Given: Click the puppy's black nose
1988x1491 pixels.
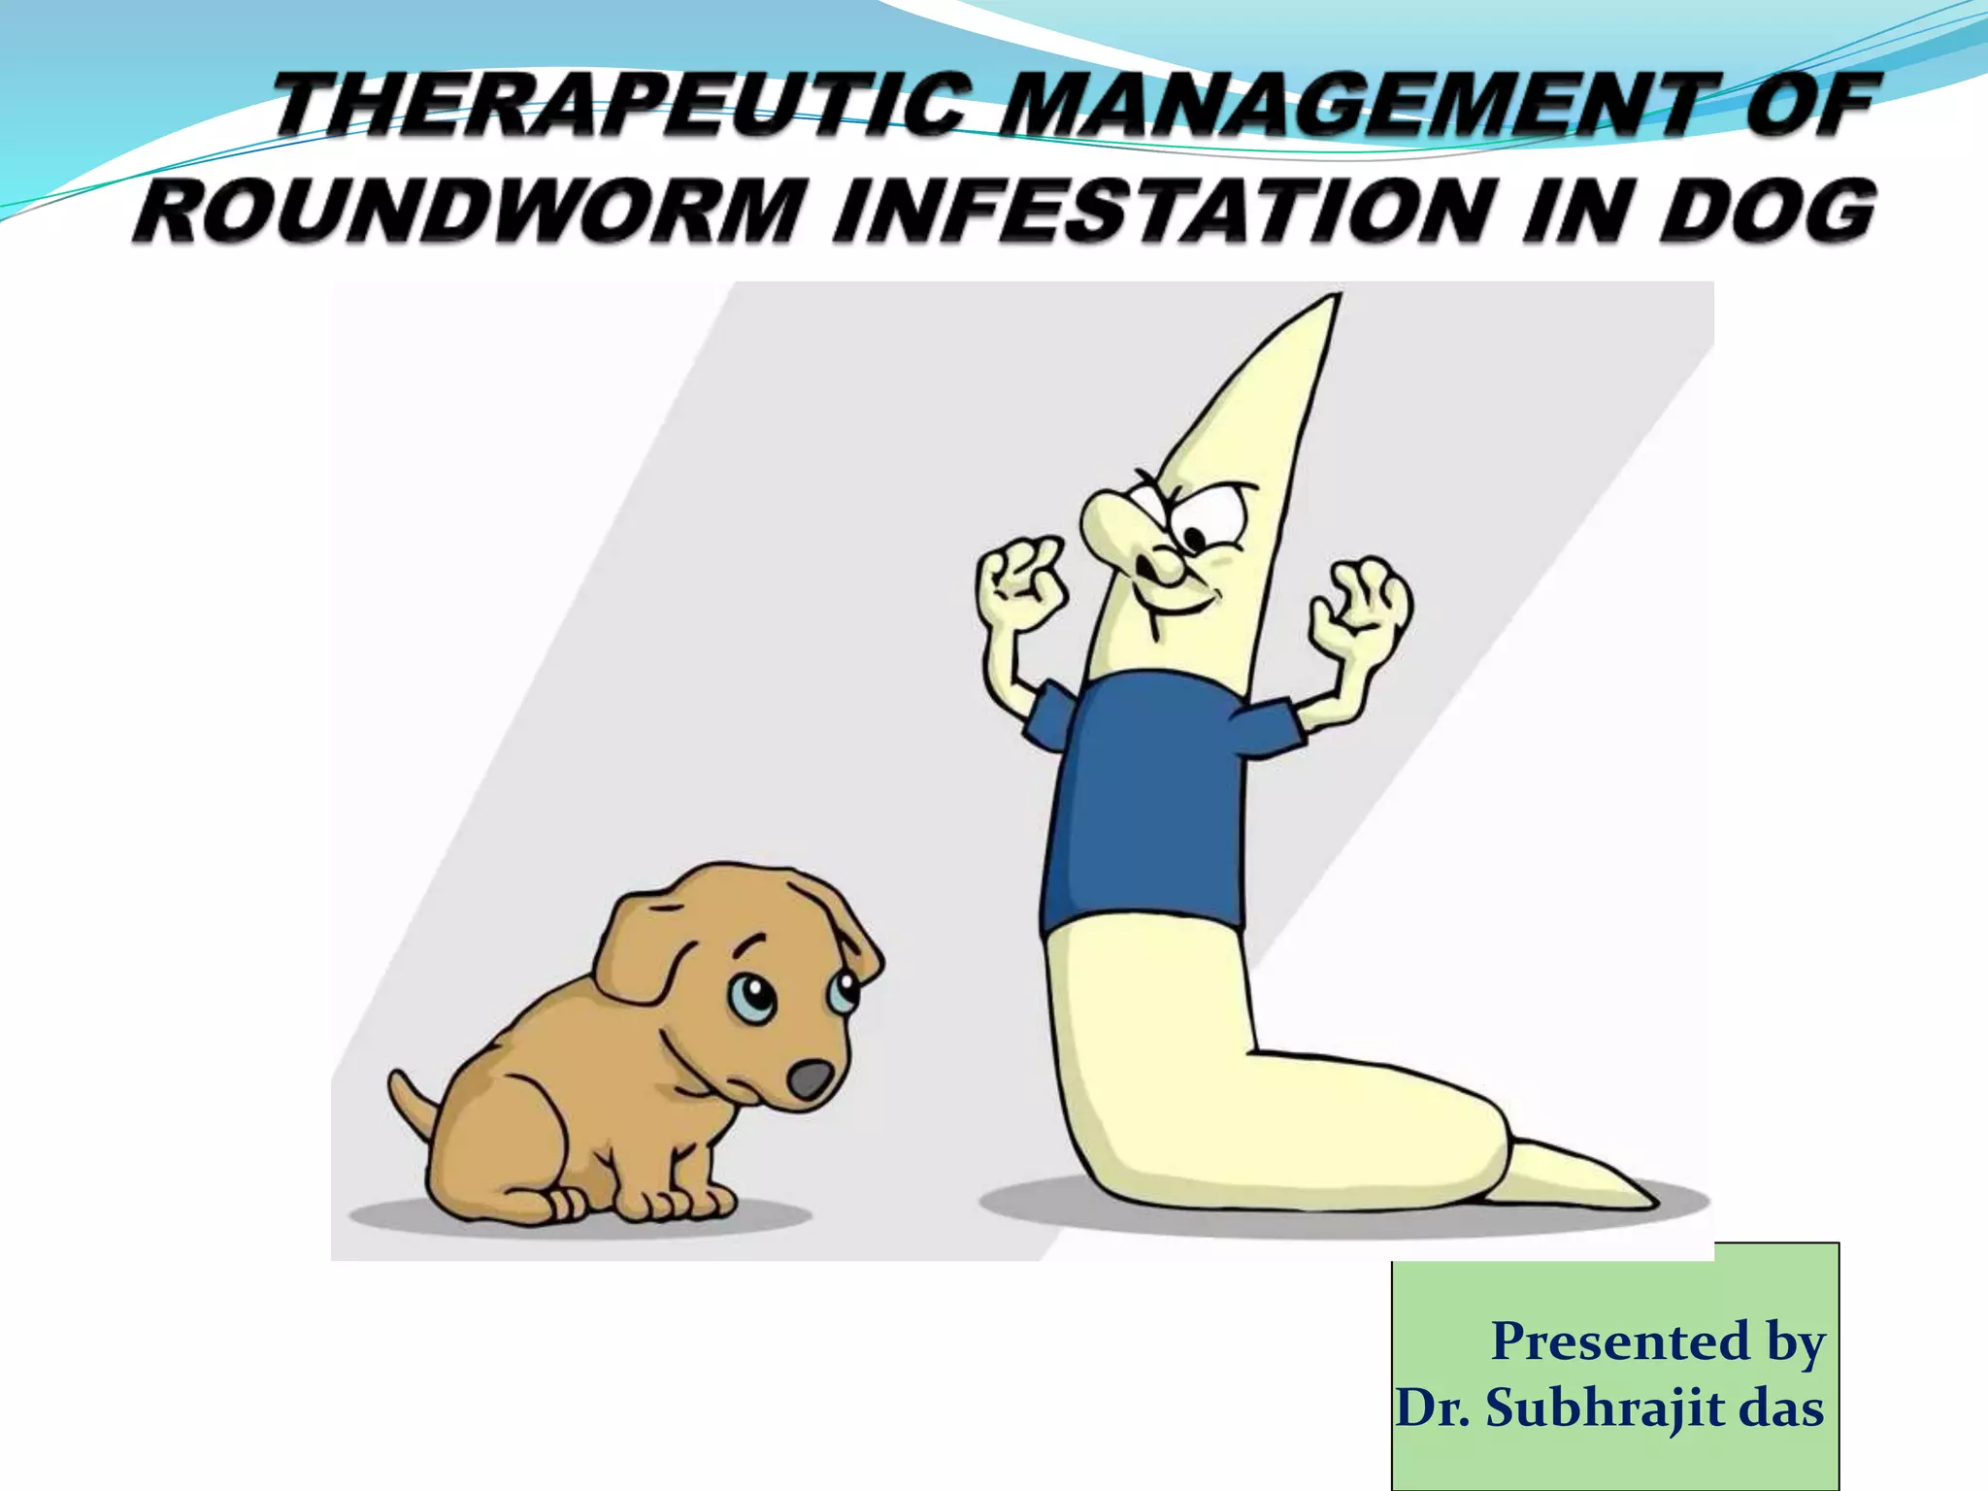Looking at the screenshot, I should click(x=810, y=1079).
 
